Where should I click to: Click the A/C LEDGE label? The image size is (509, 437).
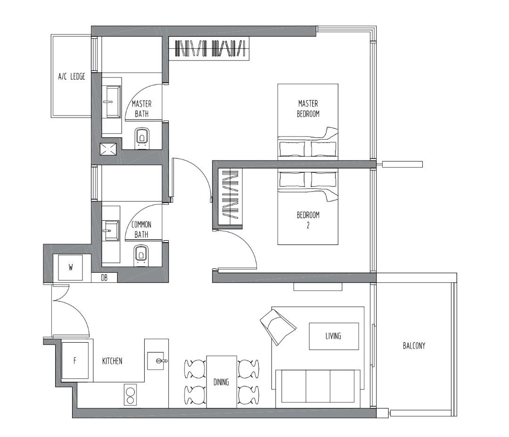72,76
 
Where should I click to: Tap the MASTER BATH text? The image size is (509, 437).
141,109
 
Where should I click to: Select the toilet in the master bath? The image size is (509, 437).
141,137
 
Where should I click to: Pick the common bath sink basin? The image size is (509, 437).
111,231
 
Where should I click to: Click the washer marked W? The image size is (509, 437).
71,268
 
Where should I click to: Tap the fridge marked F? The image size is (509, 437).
74,361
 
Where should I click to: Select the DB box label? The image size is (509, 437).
105,278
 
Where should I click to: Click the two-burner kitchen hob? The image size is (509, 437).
130,395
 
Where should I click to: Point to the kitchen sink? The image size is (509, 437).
156,361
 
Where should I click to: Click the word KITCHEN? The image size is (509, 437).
112,361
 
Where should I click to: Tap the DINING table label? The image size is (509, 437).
221,382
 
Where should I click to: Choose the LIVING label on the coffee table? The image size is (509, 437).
333,336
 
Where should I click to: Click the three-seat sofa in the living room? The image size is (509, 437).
317,386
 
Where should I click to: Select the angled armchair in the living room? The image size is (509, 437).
278,325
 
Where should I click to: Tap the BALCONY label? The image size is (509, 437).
414,345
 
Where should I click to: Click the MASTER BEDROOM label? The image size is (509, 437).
308,109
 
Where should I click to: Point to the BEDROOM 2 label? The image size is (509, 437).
308,220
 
